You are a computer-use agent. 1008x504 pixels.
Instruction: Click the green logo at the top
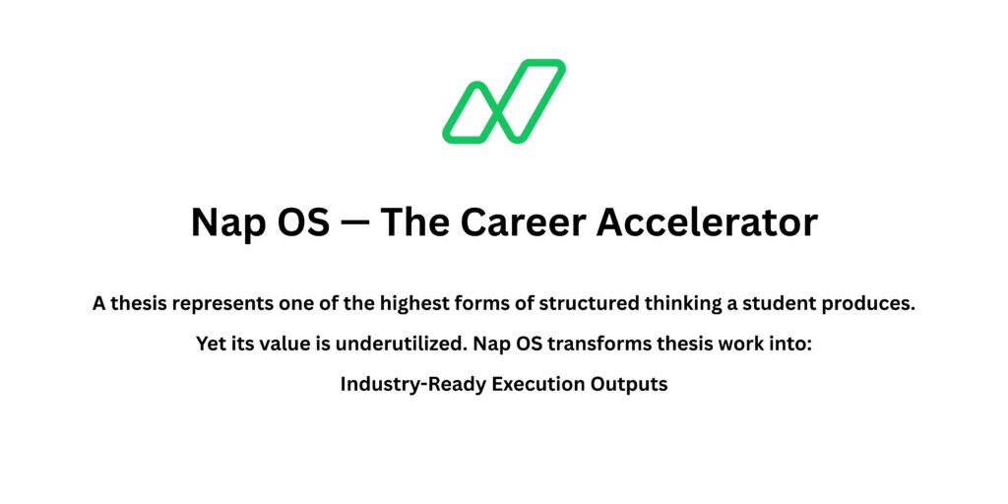(x=504, y=100)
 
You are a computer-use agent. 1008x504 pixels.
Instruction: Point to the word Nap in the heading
(x=221, y=223)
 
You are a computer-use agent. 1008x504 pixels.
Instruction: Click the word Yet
(x=213, y=345)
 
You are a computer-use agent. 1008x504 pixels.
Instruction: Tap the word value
(x=279, y=345)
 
